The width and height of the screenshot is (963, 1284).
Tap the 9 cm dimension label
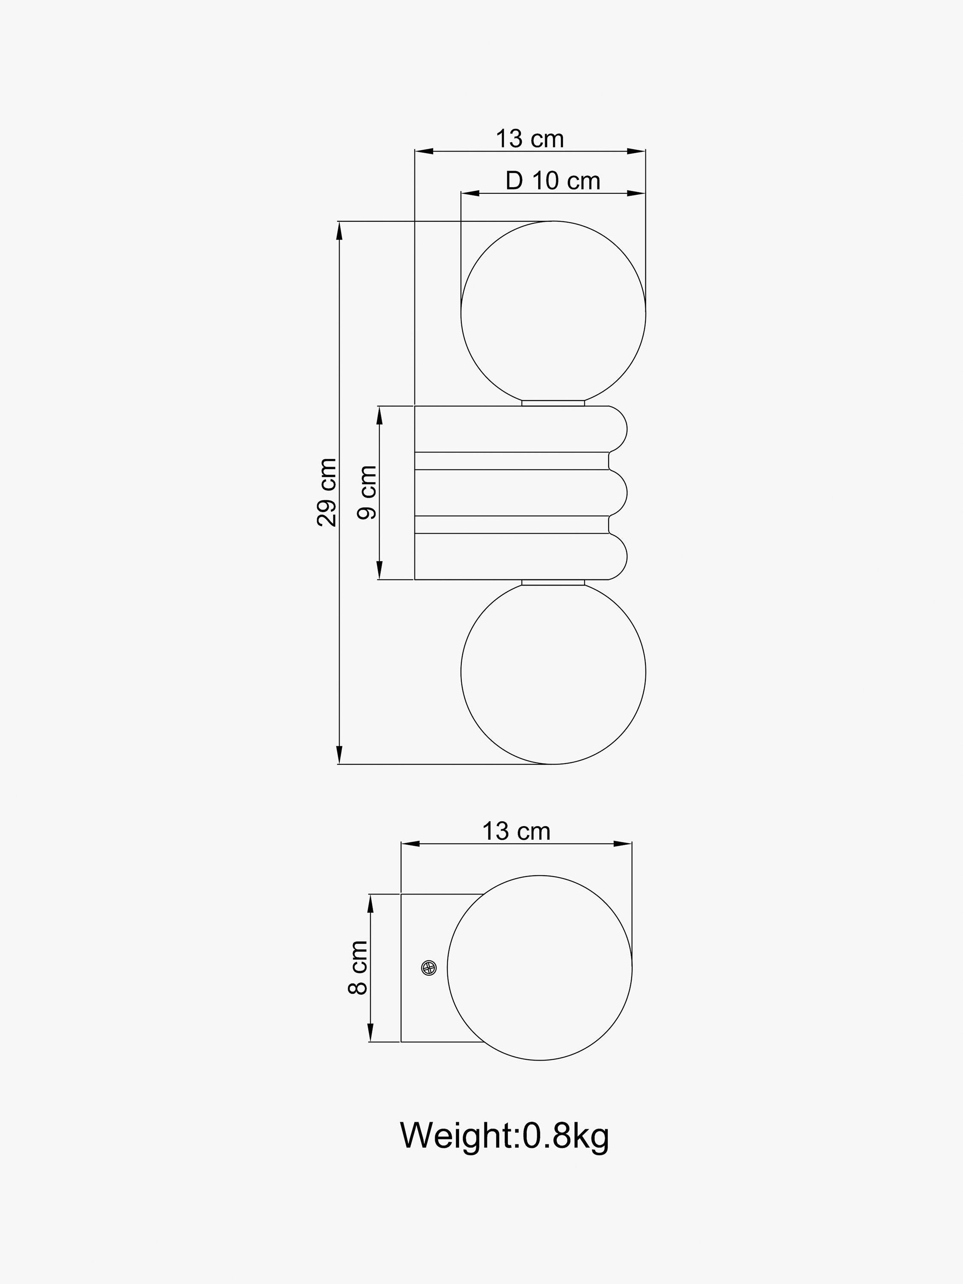point(367,492)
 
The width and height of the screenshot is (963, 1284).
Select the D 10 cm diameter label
point(553,181)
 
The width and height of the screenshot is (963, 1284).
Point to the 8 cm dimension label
point(357,968)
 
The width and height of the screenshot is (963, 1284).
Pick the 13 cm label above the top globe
point(529,139)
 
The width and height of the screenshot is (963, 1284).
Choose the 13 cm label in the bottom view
point(516,831)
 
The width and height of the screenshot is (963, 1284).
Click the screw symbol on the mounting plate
point(429,968)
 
